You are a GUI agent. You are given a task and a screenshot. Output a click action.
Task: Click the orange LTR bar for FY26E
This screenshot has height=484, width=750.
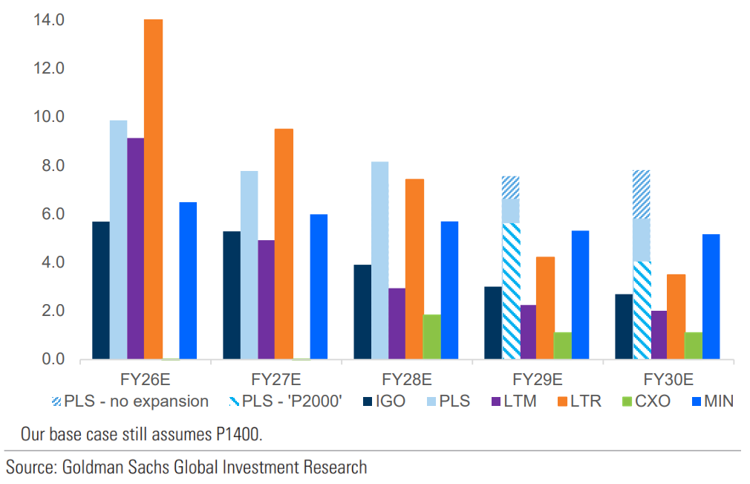(x=153, y=190)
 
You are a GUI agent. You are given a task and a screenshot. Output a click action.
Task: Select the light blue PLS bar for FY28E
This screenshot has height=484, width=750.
(x=379, y=260)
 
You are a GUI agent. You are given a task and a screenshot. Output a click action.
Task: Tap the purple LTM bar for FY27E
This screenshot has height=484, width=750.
(x=266, y=300)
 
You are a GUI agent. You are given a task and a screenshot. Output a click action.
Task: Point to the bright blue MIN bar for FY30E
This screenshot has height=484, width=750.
(x=711, y=297)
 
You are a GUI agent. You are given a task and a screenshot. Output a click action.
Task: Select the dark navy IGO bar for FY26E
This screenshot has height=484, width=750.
(x=100, y=291)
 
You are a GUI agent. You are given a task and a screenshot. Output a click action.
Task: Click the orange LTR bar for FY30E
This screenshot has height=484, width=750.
(x=676, y=317)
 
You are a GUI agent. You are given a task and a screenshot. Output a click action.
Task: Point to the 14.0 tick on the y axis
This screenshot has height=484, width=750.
(x=49, y=20)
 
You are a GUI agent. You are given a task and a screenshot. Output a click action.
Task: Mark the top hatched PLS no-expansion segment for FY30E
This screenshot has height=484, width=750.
(x=642, y=194)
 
